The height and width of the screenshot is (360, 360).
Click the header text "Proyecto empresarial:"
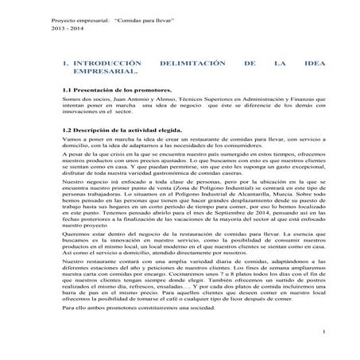point(32,17)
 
